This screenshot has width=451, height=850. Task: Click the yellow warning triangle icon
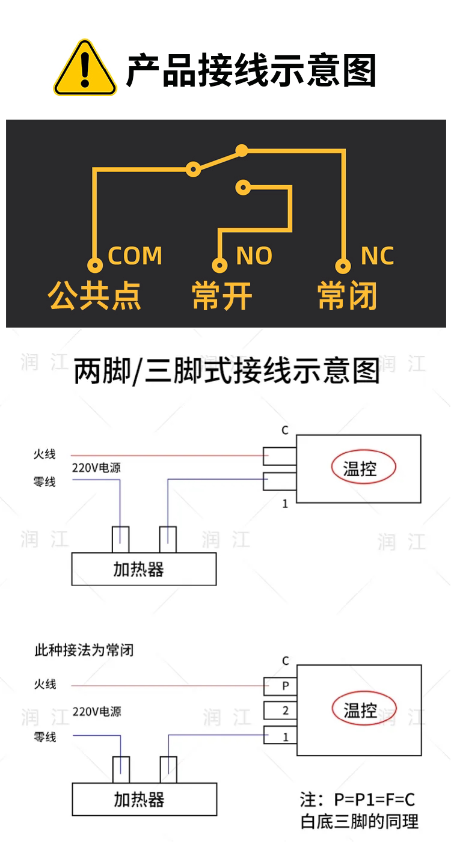[x=85, y=69]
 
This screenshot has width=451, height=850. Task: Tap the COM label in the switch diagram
[x=135, y=255]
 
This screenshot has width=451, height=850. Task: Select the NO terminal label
[x=254, y=255]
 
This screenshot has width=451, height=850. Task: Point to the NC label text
[x=377, y=255]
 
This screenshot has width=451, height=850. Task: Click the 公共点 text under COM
[x=94, y=296]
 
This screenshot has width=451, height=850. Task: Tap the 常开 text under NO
[x=222, y=296]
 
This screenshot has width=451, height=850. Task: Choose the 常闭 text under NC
[x=347, y=296]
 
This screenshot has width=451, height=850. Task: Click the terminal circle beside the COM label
[x=95, y=265]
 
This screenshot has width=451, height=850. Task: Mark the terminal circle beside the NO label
[x=219, y=265]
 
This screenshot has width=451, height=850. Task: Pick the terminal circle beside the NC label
[x=343, y=265]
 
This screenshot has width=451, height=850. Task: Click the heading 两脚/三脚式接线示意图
[x=227, y=371]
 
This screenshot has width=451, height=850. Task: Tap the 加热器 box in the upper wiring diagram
[x=144, y=569]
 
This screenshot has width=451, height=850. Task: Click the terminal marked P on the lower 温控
[x=280, y=686]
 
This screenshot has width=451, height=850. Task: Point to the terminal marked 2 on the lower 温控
[x=280, y=711]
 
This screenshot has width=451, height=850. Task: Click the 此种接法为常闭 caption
[x=84, y=650]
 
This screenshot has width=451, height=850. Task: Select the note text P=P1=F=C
[x=374, y=800]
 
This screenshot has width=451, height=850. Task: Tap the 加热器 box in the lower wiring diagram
[x=145, y=799]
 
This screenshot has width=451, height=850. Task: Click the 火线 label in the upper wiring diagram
[x=44, y=454]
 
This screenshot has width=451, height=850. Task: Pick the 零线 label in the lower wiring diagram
[x=45, y=737]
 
